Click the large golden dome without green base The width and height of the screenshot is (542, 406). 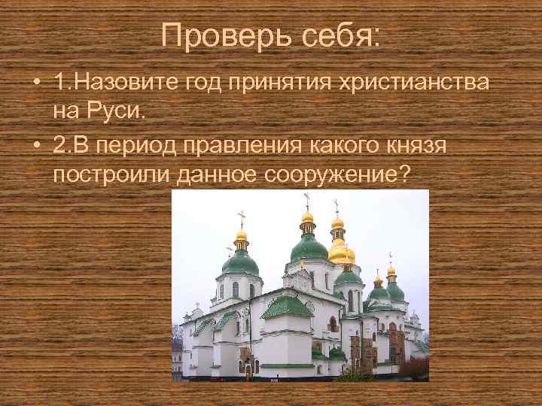(x=341, y=253)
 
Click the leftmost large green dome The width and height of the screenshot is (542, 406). (x=241, y=261)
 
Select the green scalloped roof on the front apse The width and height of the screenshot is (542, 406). (x=287, y=306)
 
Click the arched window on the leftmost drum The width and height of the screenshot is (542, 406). (x=236, y=289)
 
